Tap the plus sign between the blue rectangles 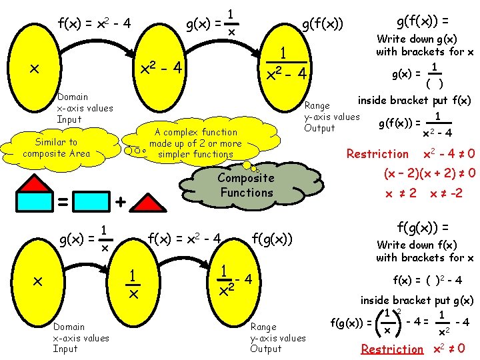click(x=120, y=201)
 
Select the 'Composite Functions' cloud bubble click(x=245, y=185)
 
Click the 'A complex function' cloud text click(x=195, y=143)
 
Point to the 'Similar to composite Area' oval click(x=55, y=147)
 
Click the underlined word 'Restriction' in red click(x=392, y=349)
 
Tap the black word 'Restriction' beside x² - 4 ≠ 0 click(x=377, y=154)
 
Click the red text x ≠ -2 click(x=446, y=193)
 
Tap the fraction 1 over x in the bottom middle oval click(x=133, y=284)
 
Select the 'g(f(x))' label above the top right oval click(x=322, y=25)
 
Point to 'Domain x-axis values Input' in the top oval click(x=85, y=108)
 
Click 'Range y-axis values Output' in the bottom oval click(x=277, y=337)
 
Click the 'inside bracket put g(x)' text click(x=417, y=300)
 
